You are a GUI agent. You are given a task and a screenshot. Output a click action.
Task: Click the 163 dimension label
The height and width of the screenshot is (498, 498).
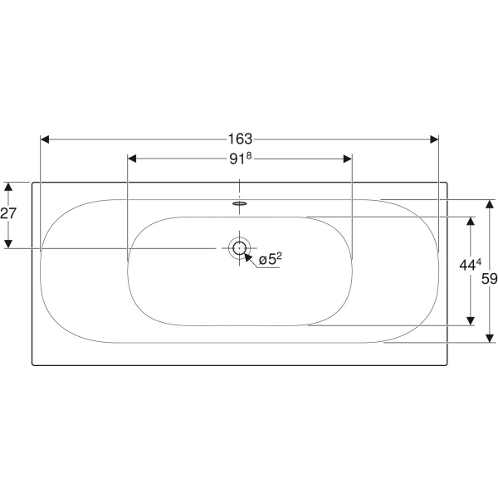(240, 139)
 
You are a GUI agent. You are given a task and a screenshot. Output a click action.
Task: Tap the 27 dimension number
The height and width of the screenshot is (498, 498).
(8, 214)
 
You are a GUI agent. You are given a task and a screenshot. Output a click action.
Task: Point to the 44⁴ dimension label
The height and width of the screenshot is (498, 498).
(470, 266)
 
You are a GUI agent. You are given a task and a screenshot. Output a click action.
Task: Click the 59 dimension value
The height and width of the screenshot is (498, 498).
(489, 279)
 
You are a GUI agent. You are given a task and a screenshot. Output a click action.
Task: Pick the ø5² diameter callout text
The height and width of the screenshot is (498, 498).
(271, 260)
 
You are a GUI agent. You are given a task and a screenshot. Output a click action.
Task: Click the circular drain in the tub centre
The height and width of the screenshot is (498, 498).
(240, 247)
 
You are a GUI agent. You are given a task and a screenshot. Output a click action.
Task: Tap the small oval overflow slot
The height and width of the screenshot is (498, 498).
(240, 201)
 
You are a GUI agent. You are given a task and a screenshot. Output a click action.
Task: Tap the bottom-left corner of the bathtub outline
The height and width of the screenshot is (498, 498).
(32, 364)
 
